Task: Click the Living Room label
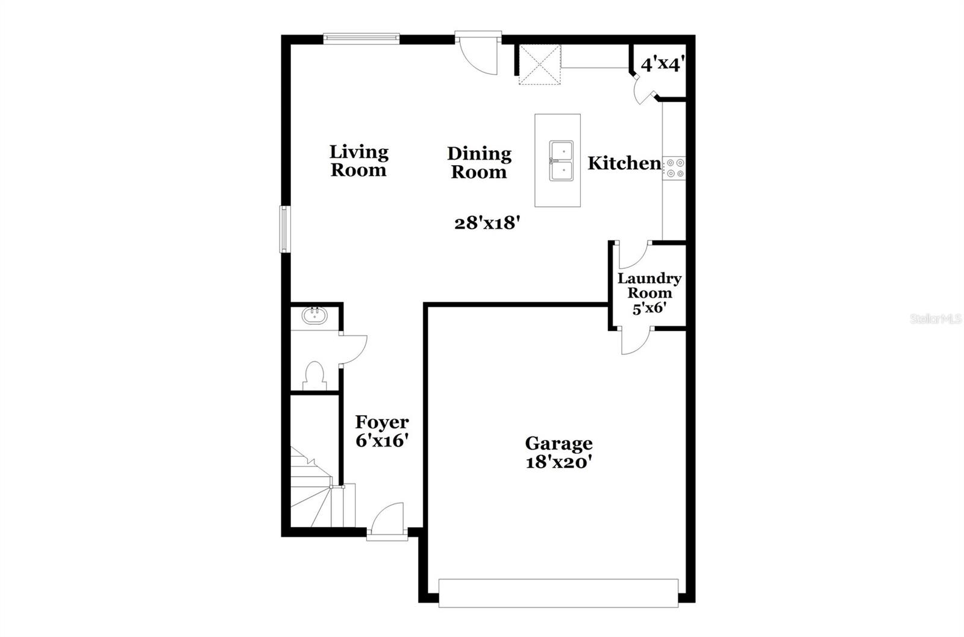pos(358,160)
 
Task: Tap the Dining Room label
pos(479,163)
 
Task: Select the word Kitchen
pos(624,163)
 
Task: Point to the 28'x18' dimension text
pos(487,224)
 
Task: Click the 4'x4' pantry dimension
pos(661,64)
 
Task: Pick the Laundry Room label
pos(649,286)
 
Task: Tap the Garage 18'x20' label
pos(559,453)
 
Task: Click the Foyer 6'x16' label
pos(382,431)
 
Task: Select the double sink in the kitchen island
pos(560,161)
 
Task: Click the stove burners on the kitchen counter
pos(674,168)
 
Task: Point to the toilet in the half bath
pos(315,375)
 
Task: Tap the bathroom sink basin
pos(313,316)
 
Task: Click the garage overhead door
pos(559,593)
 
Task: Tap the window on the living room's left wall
pos(283,229)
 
